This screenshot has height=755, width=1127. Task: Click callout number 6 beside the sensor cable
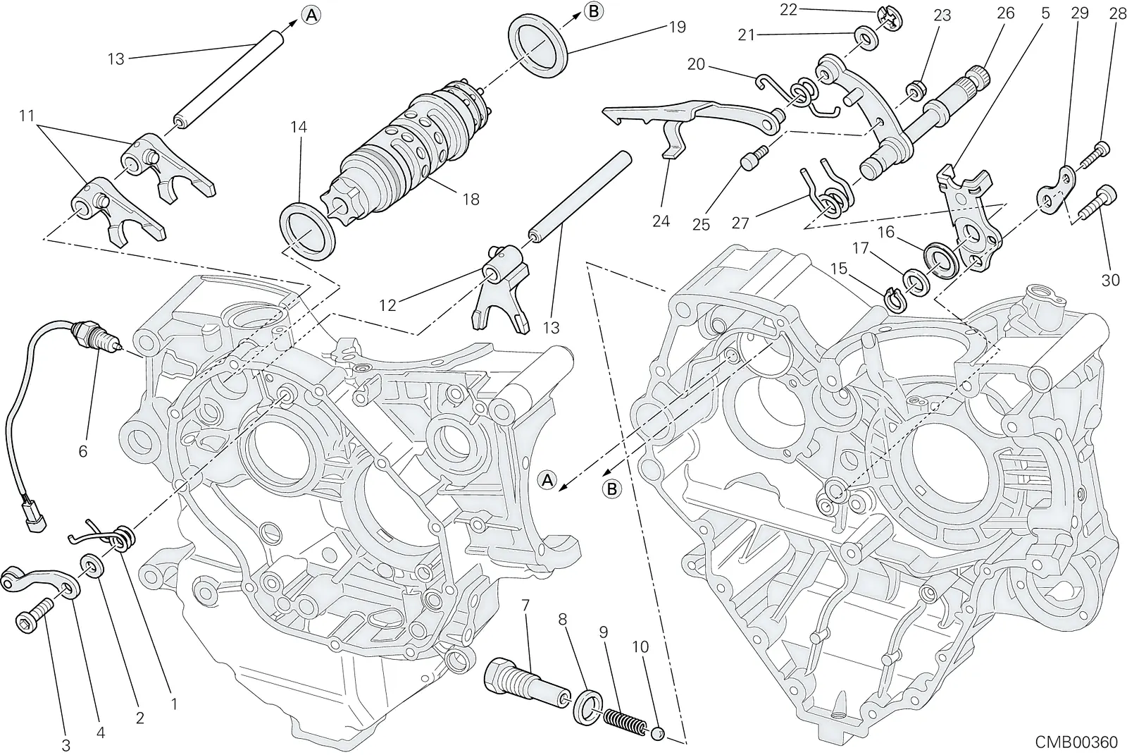[83, 450]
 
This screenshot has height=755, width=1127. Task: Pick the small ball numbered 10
[658, 734]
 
